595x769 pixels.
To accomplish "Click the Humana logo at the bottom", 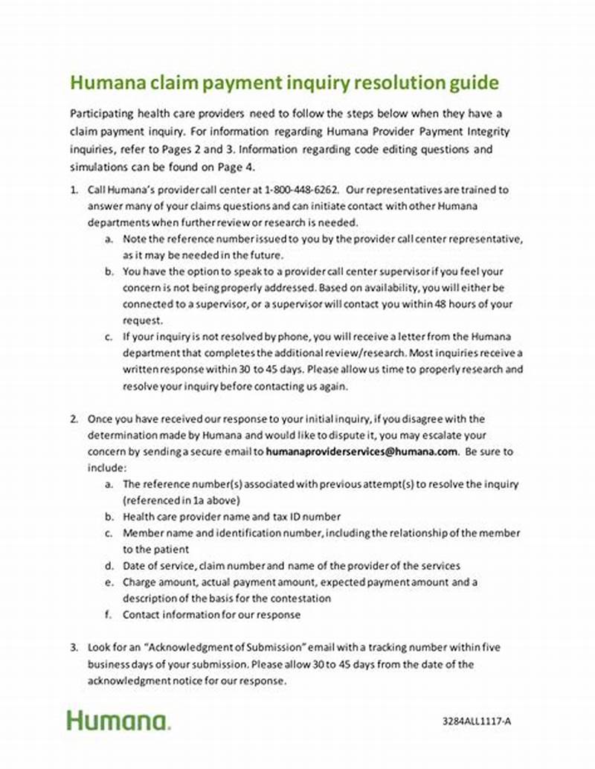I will pyautogui.click(x=118, y=720).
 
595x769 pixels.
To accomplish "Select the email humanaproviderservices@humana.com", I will pyautogui.click(x=361, y=451).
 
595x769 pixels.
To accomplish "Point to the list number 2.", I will pyautogui.click(x=74, y=419).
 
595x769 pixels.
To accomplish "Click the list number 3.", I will pyautogui.click(x=74, y=647).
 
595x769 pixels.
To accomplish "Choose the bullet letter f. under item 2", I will pyautogui.click(x=109, y=614).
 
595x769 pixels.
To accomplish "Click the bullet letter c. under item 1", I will pyautogui.click(x=109, y=337).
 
